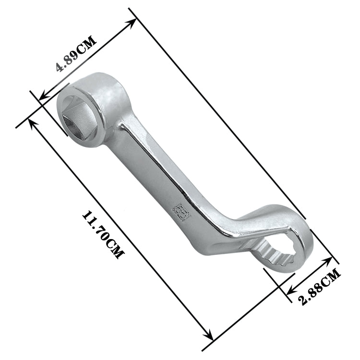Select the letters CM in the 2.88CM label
tap(331, 279)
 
